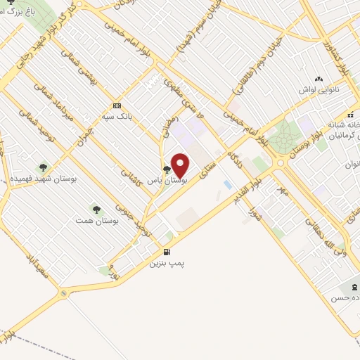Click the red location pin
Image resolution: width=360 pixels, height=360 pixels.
(x=181, y=165)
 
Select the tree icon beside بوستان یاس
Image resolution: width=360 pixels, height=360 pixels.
(x=167, y=169)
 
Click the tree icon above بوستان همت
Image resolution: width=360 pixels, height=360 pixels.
(x=96, y=210)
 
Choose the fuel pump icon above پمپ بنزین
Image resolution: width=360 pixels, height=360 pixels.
(x=167, y=252)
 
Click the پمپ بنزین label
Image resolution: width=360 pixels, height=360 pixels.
(x=167, y=264)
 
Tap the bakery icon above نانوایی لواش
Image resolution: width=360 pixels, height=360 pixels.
(x=319, y=79)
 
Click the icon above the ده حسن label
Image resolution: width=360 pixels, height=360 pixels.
(x=349, y=288)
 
